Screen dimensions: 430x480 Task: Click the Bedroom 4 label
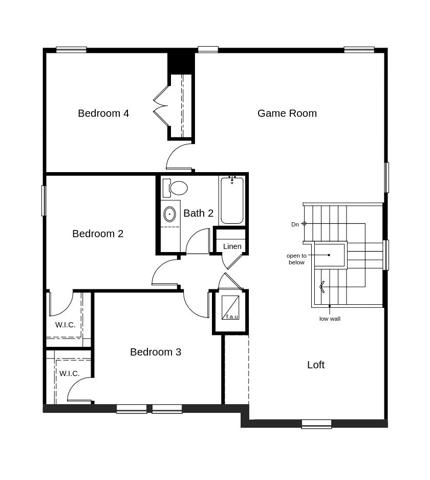(103, 113)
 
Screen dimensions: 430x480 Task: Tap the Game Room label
(287, 113)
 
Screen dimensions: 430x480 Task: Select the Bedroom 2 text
(98, 234)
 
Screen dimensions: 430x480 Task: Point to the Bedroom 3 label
(156, 352)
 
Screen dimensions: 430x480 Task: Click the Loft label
(316, 365)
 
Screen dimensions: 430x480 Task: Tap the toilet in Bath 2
(175, 188)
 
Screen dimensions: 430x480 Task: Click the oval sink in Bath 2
(169, 214)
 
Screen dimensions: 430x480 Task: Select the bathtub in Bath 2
(232, 200)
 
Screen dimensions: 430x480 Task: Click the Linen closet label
(232, 246)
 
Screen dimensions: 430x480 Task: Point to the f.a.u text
(232, 317)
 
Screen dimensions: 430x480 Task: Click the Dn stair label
(295, 224)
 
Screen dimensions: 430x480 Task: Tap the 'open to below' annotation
(296, 259)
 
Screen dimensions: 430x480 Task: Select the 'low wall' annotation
(330, 319)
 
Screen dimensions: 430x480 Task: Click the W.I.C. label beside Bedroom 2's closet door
(65, 325)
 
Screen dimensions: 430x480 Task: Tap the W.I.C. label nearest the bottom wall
(70, 373)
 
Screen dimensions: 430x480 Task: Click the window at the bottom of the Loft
(316, 424)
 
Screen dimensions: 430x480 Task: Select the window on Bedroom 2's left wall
(44, 200)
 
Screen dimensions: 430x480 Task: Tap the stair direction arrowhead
(322, 287)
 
